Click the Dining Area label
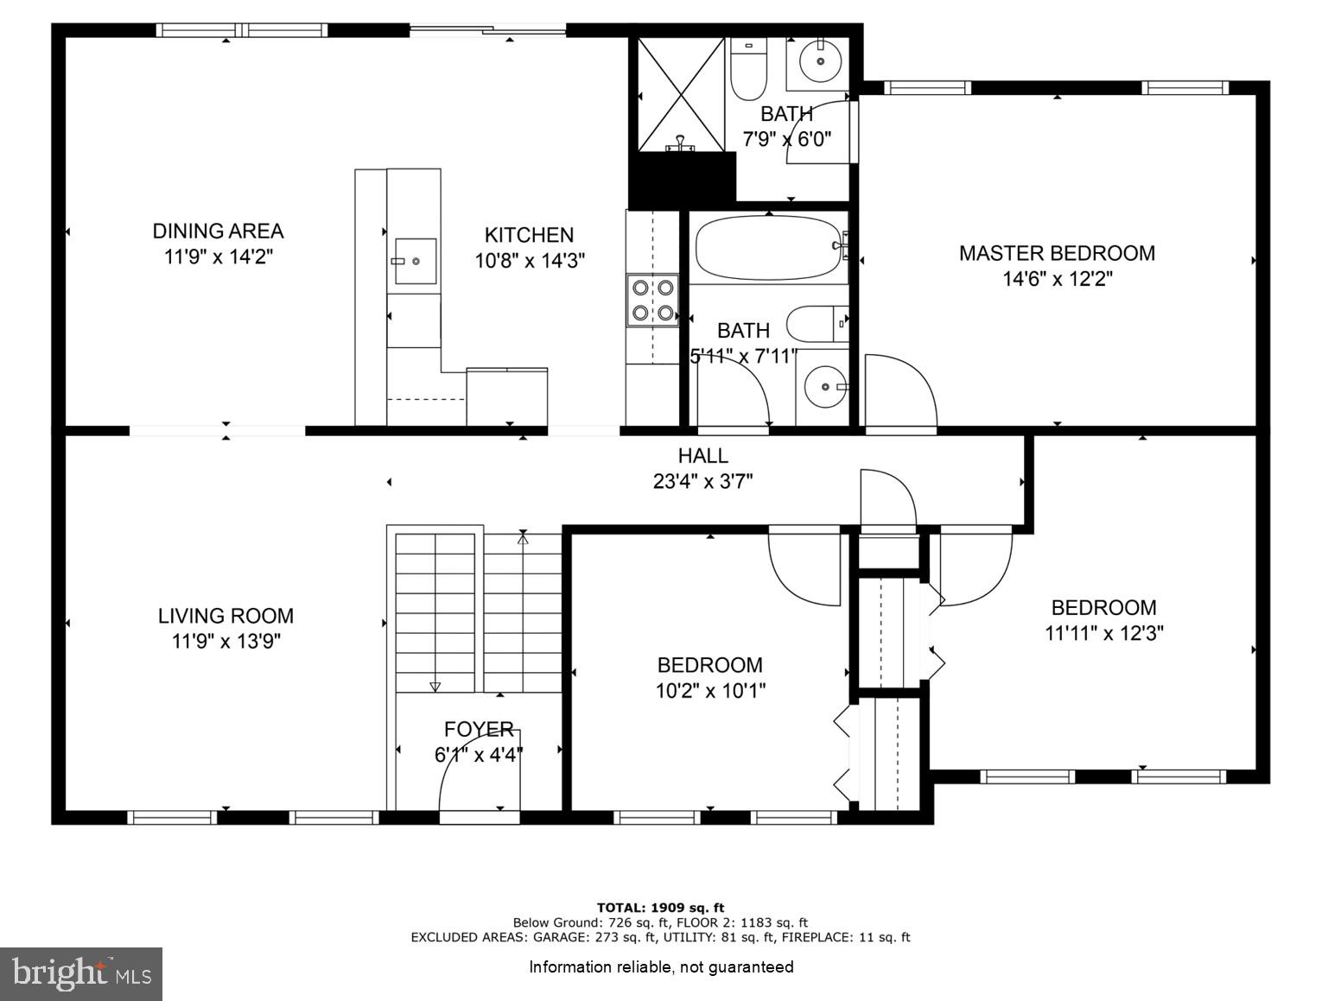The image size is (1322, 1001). point(218,231)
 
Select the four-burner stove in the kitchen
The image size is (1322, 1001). point(653,300)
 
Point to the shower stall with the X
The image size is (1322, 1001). point(681,94)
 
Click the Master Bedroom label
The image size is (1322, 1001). point(1057,253)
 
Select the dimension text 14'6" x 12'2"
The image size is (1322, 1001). point(1057,279)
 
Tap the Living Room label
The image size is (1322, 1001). point(226,616)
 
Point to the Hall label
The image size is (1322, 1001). point(702,455)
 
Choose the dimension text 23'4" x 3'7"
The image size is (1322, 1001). point(702,481)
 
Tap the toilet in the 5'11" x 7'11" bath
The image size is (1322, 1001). point(817,324)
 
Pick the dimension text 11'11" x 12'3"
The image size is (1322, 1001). point(1103,633)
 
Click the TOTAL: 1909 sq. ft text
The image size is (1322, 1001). point(660,907)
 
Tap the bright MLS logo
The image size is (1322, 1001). point(81,974)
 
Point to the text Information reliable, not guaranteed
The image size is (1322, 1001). point(661,966)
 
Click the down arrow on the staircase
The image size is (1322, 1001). point(435,686)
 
